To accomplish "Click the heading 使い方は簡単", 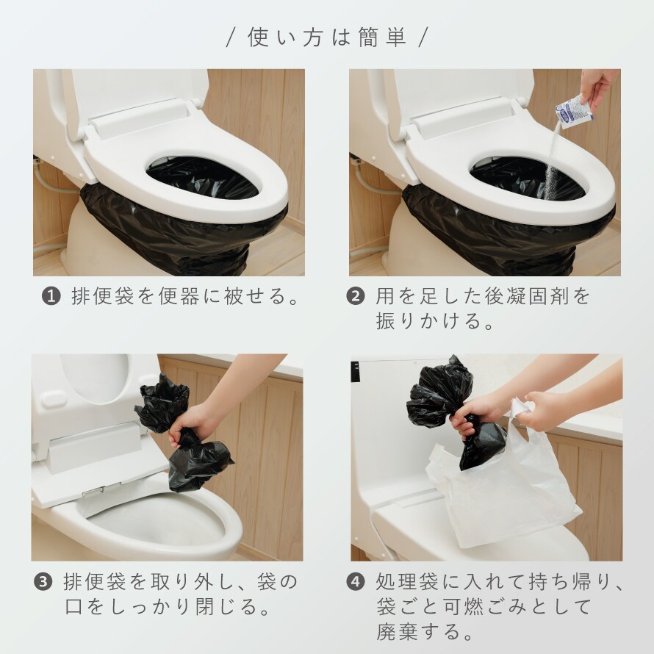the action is (327, 37).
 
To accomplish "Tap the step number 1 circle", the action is (51, 297).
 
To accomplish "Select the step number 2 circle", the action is (356, 297).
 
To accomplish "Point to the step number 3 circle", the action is (43, 582).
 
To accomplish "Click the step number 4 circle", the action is (356, 582).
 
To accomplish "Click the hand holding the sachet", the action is (599, 87).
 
